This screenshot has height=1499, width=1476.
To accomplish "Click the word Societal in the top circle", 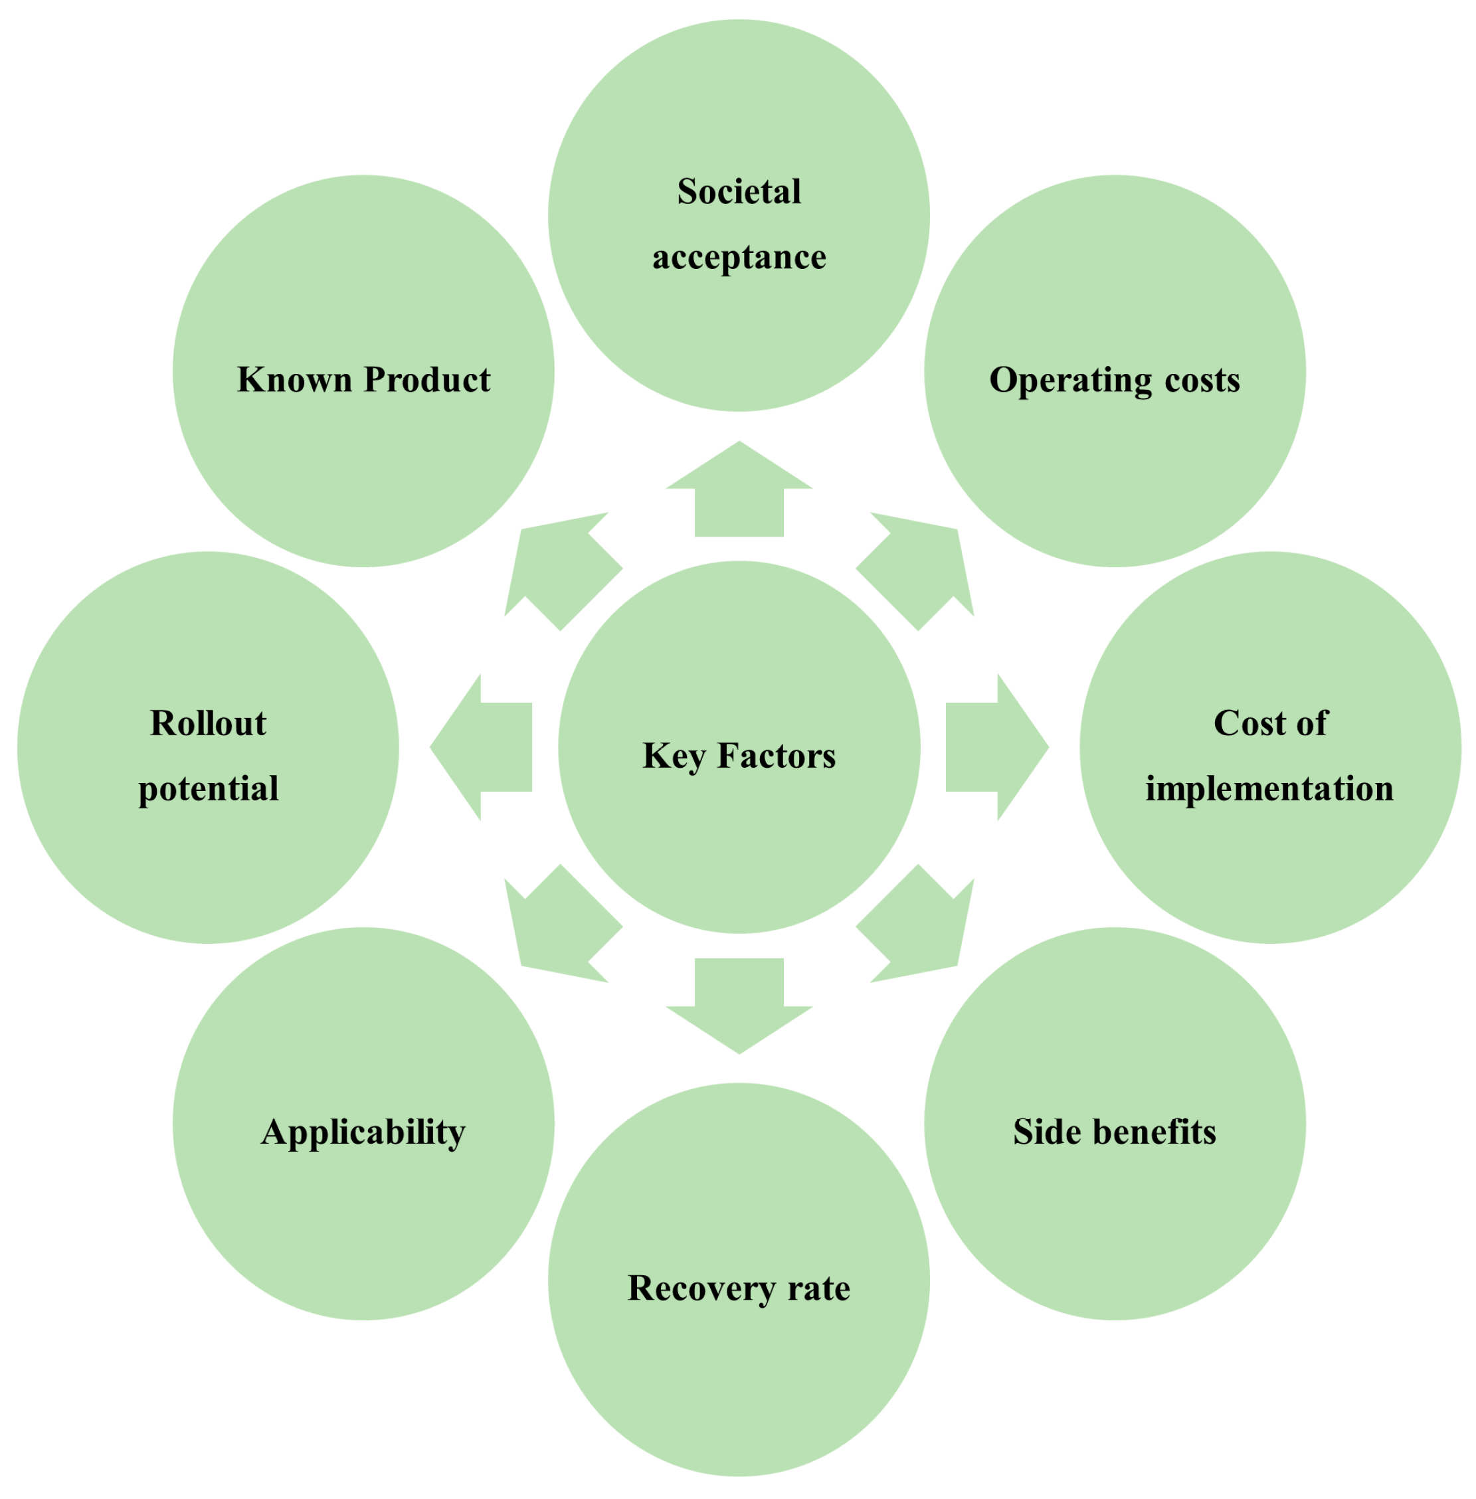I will [x=739, y=191].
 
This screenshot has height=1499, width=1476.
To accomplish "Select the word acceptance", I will [x=739, y=257].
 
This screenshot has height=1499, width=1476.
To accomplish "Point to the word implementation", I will [x=1270, y=789].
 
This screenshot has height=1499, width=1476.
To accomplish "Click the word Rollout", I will [x=208, y=723].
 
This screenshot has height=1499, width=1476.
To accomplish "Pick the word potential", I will [x=208, y=789].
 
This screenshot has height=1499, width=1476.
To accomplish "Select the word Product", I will [x=426, y=380].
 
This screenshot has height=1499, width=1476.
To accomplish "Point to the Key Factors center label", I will [x=739, y=756].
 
